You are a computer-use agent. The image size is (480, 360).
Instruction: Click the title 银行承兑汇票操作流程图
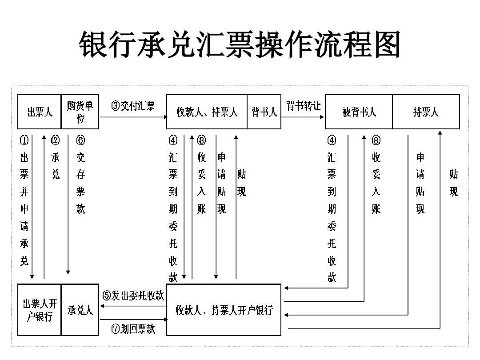(240, 44)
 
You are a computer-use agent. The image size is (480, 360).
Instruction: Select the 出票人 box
(40, 112)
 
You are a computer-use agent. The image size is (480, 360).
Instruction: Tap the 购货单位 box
(80, 112)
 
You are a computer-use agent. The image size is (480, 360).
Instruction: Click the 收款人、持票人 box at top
(207, 112)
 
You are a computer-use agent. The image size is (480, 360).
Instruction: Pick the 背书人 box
(264, 112)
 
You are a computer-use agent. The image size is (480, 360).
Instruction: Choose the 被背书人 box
(359, 112)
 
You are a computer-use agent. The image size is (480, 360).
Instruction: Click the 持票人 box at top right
(426, 112)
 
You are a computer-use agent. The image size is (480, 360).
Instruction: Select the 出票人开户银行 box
(40, 310)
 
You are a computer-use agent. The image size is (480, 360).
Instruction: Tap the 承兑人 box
(80, 310)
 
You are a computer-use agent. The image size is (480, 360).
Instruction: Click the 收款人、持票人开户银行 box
(224, 310)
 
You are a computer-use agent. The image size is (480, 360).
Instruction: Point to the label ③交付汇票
(133, 106)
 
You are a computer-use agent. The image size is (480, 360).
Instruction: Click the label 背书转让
(303, 106)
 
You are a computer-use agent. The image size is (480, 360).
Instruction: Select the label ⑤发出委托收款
(133, 295)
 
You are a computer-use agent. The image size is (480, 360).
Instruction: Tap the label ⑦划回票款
(133, 329)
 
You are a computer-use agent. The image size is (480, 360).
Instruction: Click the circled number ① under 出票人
(24, 140)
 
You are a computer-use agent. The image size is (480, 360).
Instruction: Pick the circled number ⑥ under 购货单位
(80, 140)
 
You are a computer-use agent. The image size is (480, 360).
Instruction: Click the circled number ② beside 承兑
(55, 140)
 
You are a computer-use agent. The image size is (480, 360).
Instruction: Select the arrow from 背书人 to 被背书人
(303, 117)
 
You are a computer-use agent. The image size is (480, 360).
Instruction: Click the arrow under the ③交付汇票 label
(133, 117)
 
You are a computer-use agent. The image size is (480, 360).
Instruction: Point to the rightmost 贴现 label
(453, 183)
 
